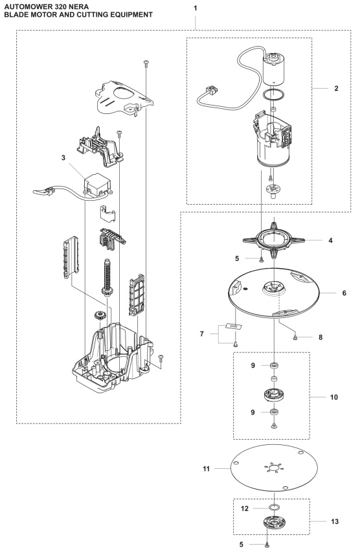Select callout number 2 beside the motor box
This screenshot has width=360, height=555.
[x=336, y=87]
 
